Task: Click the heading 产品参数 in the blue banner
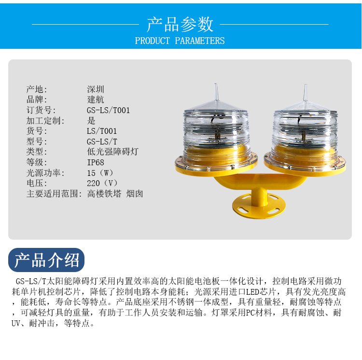180,24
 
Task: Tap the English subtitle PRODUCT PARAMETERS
180,41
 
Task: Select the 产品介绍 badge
46,260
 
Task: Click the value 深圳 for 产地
96,89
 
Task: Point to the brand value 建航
96,100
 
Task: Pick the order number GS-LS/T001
108,110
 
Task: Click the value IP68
96,162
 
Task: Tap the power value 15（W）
100,173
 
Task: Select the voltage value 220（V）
102,183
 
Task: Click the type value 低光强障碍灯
112,152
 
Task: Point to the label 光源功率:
45,173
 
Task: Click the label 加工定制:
45,121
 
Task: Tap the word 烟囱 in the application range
135,194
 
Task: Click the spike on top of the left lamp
216,93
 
